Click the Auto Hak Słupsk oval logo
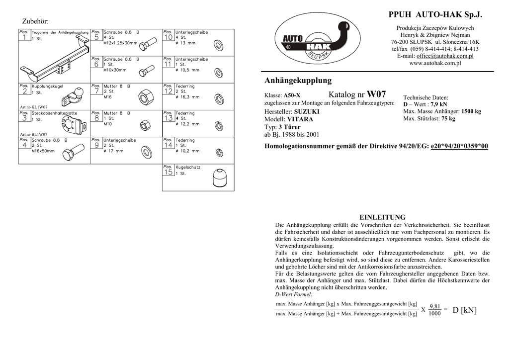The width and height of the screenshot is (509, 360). pos(319,40)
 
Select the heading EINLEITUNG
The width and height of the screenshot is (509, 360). pos(382,217)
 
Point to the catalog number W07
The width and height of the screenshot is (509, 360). pos(376,94)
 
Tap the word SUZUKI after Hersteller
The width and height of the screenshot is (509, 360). pos(307,112)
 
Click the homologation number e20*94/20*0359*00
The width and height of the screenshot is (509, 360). pos(459,146)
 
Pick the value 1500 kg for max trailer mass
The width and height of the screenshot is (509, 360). pos(471,111)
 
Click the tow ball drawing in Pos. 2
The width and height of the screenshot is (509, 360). pos(73,95)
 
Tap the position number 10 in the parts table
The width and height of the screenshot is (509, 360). pos(168,37)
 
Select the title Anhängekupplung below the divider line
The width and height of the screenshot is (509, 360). pos(298,81)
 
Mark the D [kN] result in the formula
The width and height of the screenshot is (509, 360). pos(464,310)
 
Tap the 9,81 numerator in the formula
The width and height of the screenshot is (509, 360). pos(434,306)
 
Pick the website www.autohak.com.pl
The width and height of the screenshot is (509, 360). pos(435,63)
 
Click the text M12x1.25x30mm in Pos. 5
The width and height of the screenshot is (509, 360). pos(120,43)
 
